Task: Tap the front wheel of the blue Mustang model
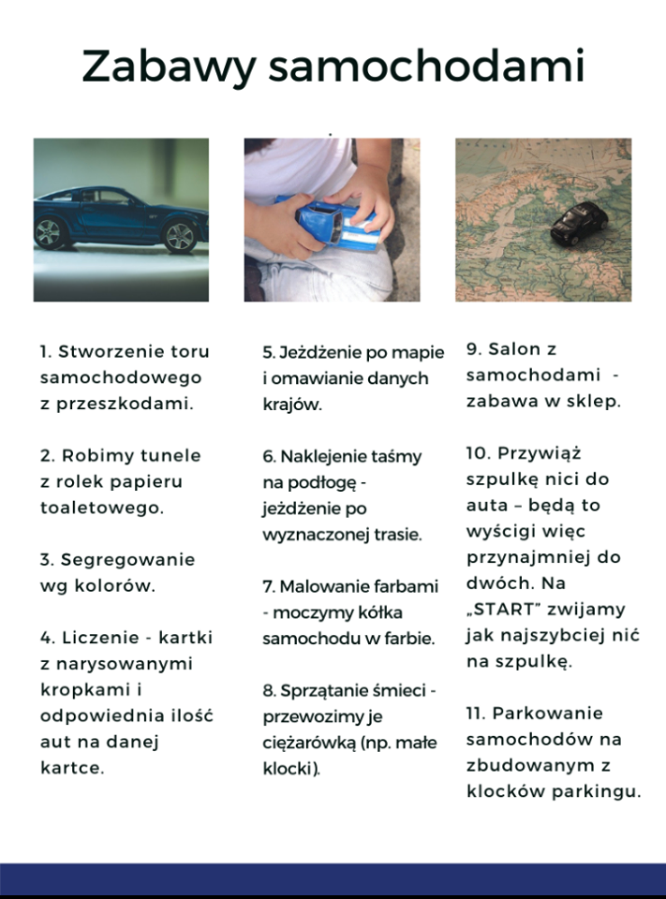180,236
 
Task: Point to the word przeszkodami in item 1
125,405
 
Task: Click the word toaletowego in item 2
102,508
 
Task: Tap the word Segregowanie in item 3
127,561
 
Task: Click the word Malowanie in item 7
325,586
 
